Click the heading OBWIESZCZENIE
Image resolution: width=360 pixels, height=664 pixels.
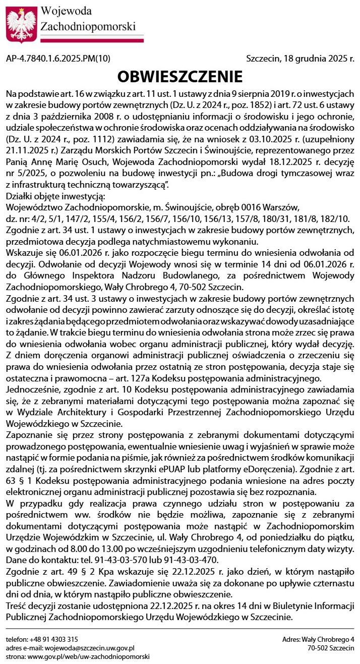[180, 77]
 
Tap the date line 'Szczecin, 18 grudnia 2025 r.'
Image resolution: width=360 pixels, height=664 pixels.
[300, 59]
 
